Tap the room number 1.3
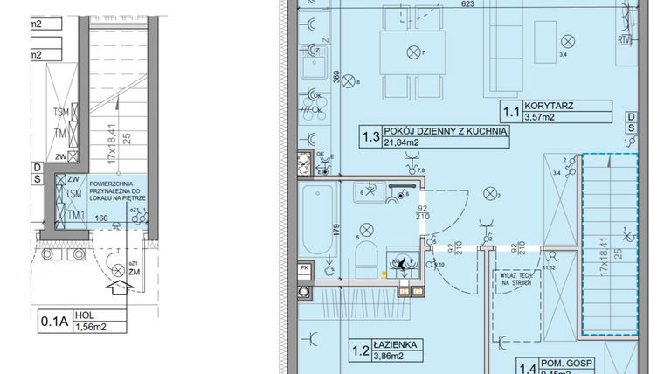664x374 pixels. click(x=370, y=135)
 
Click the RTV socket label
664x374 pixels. click(x=625, y=39)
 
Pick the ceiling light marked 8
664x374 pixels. click(x=343, y=82)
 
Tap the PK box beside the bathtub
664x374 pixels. click(x=304, y=268)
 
